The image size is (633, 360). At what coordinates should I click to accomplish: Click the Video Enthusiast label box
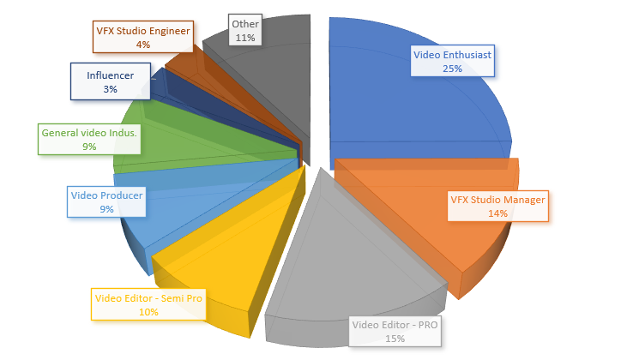coord(454,60)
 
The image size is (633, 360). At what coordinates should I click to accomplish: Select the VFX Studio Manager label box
coord(497,206)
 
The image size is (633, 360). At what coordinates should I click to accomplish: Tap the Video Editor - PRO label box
coord(395,332)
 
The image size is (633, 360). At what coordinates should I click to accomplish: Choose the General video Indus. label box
coord(89,139)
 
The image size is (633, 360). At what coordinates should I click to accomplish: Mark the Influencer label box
coord(109,81)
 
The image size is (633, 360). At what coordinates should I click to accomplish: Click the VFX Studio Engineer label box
coord(142,37)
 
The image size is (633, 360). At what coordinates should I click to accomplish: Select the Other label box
coord(244,31)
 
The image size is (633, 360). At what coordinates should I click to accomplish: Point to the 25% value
coord(454,68)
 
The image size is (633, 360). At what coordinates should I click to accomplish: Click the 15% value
coord(395,339)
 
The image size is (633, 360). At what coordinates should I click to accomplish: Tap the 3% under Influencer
coord(109,89)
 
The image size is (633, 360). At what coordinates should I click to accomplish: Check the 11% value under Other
coord(244,39)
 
